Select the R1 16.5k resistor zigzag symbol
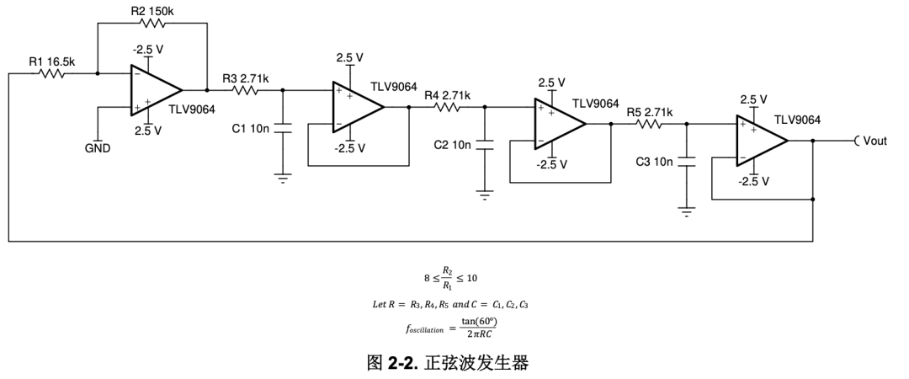pos(52,73)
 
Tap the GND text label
pos(98,148)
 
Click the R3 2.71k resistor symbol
pos(247,90)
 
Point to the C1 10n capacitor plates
pos(282,128)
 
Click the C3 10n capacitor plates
pos(687,162)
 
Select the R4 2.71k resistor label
pos(447,95)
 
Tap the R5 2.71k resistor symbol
pos(651,124)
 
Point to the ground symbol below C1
pos(282,178)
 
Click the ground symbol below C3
pos(687,212)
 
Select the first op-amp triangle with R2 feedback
pos(156,90)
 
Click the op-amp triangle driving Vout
pos(762,141)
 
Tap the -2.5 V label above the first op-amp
pos(148,51)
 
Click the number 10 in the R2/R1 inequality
pos(471,278)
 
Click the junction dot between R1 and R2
pos(98,73)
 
